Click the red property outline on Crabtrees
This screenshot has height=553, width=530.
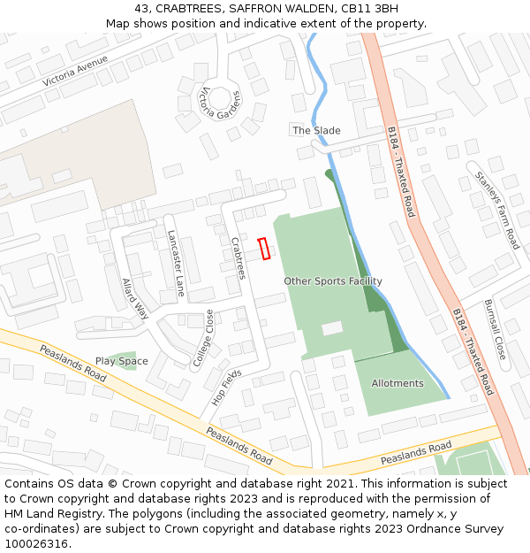pyautogui.click(x=263, y=250)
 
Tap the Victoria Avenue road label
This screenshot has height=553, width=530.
pyautogui.click(x=75, y=71)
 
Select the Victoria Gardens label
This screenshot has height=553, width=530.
pyautogui.click(x=220, y=104)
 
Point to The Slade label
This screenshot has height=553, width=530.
pyautogui.click(x=316, y=130)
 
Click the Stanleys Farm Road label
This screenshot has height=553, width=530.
pyautogui.click(x=497, y=209)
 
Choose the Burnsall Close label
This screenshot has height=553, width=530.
pyautogui.click(x=495, y=329)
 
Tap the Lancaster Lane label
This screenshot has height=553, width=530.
pyautogui.click(x=177, y=263)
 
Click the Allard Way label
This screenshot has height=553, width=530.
pyautogui.click(x=135, y=298)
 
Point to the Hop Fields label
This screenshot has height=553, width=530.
pyautogui.click(x=226, y=387)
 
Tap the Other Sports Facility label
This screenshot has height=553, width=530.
pyautogui.click(x=333, y=281)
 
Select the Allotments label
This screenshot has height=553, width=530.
pyautogui.click(x=397, y=383)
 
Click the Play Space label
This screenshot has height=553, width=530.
pyautogui.click(x=122, y=361)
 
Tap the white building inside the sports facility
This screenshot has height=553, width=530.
pyautogui.click(x=332, y=328)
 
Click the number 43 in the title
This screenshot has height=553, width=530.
pyautogui.click(x=141, y=8)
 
